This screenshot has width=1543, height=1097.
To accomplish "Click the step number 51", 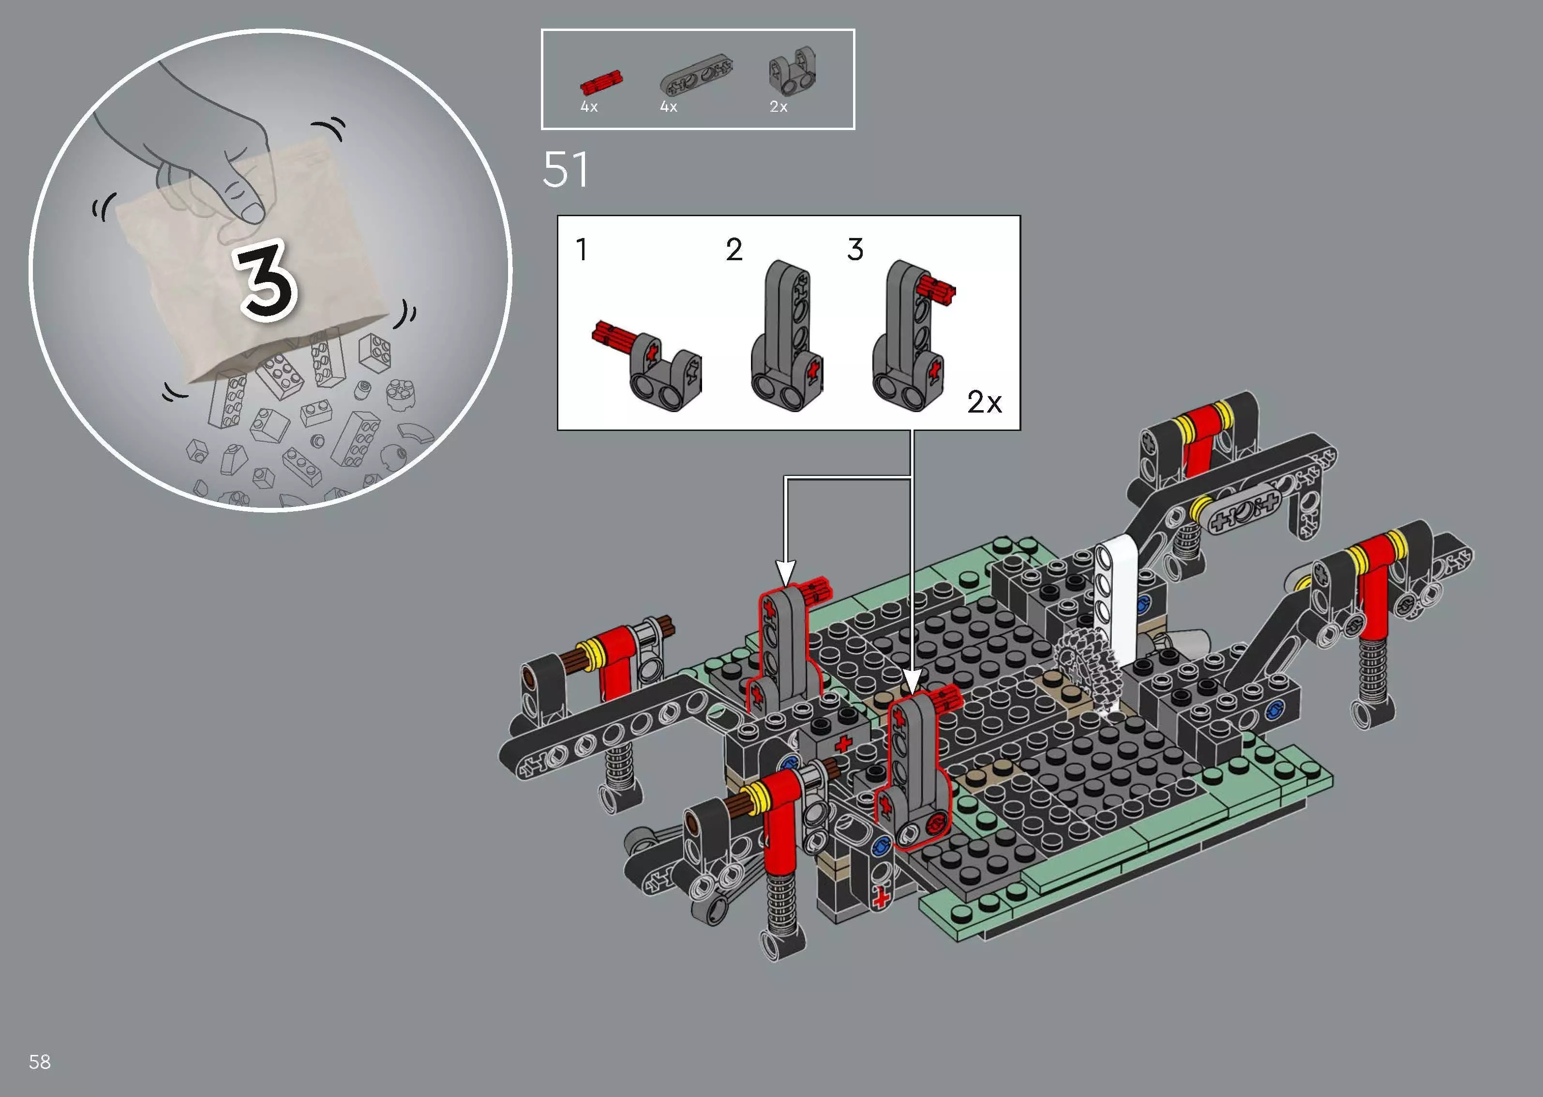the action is [x=566, y=170].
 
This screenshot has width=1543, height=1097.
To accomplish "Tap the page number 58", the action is [x=40, y=1062].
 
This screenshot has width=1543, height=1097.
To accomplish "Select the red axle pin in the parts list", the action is [x=601, y=82].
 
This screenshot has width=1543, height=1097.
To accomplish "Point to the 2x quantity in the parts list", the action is [x=778, y=107].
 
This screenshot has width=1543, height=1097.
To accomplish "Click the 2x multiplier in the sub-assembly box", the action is [x=984, y=402].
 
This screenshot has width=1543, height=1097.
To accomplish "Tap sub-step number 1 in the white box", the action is [x=582, y=249].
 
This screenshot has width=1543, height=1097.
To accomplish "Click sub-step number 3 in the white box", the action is [x=855, y=249].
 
